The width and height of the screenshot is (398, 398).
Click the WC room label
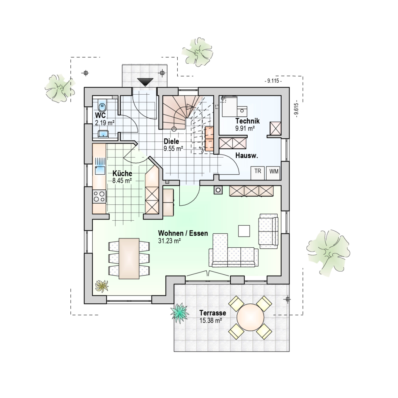pyautogui.click(x=100, y=115)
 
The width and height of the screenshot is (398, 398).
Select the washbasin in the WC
pyautogui.click(x=103, y=134)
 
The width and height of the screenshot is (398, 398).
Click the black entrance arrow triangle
pyautogui.click(x=145, y=82)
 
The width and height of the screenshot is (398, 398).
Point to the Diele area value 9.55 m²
pyautogui.click(x=173, y=149)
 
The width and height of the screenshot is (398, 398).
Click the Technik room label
pyautogui.click(x=247, y=121)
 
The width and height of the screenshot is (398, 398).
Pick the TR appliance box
pyautogui.click(x=258, y=173)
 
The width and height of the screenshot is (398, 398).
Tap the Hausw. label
pyautogui.click(x=247, y=156)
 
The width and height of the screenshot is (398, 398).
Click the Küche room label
pyautogui.click(x=122, y=173)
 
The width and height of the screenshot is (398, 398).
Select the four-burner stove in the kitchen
pyautogui.click(x=99, y=196)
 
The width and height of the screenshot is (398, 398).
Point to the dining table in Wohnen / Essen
pyautogui.click(x=129, y=258)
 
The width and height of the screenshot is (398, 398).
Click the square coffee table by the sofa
pyautogui.click(x=244, y=231)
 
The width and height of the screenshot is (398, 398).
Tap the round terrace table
pyautogui.click(x=250, y=317)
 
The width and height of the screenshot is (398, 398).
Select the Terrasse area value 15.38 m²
pyautogui.click(x=211, y=320)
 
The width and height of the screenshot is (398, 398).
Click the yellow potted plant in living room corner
pyautogui.click(x=102, y=286)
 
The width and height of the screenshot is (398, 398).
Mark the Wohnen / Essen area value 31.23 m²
pyautogui.click(x=170, y=241)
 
